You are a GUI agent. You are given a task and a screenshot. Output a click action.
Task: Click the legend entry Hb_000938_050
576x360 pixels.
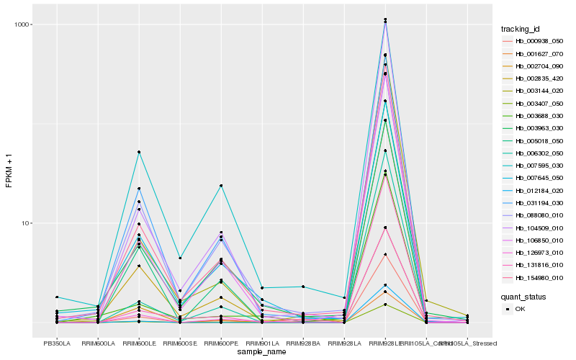(534, 42)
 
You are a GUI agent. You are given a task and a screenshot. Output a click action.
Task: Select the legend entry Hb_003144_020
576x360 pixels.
(534, 91)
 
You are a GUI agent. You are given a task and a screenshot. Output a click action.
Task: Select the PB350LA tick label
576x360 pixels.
(57, 343)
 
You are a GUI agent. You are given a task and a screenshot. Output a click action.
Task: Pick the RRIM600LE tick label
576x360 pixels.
(139, 343)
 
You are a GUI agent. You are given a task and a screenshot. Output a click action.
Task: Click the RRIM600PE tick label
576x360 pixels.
(221, 343)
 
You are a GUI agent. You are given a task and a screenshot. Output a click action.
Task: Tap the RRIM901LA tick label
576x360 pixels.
(262, 343)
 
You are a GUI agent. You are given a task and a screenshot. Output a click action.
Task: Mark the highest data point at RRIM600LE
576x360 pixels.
(139, 152)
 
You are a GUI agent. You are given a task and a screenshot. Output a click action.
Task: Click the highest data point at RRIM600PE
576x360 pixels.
(221, 186)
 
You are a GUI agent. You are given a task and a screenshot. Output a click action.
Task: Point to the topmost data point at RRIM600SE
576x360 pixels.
(180, 258)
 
